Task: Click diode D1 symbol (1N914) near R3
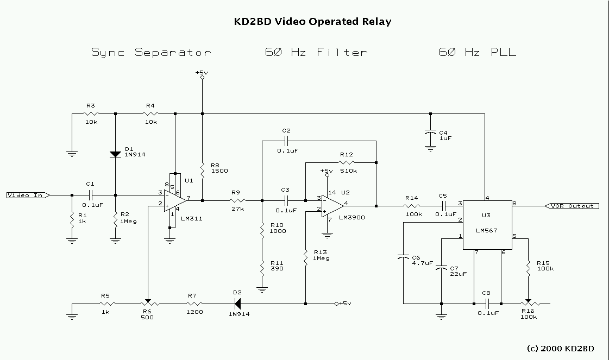click(115, 153)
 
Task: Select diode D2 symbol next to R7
click(237, 304)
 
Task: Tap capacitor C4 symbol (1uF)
click(430, 132)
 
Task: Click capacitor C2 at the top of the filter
click(286, 141)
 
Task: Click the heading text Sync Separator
click(151, 53)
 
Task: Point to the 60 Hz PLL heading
click(478, 53)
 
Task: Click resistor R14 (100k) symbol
click(413, 206)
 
